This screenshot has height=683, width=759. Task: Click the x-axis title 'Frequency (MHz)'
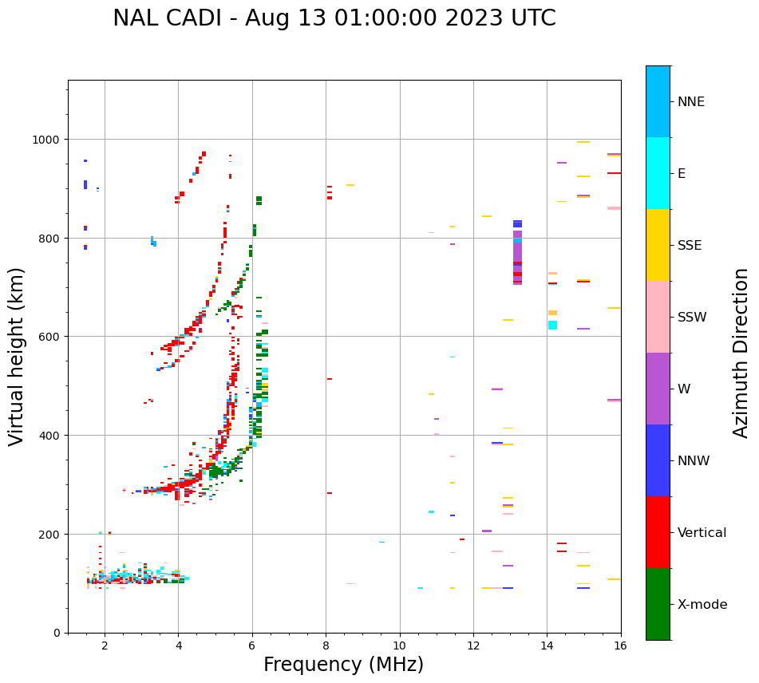(x=343, y=665)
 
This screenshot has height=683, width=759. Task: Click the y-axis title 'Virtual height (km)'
(x=17, y=356)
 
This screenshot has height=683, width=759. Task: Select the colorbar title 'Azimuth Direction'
(x=741, y=353)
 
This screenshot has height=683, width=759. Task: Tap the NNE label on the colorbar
(x=691, y=101)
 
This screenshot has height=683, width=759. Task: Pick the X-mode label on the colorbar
(x=702, y=604)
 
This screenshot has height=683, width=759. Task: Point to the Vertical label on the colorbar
(x=702, y=532)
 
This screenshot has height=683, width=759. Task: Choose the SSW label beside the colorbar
(x=692, y=317)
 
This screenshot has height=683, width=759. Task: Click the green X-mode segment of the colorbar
(x=658, y=604)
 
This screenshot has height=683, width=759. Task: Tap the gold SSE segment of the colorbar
(x=658, y=245)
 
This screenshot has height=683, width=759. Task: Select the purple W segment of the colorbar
(x=658, y=389)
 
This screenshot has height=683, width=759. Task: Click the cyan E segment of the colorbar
(x=658, y=173)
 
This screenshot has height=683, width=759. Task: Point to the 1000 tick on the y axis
(x=47, y=140)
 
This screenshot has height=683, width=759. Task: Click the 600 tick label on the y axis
(x=50, y=337)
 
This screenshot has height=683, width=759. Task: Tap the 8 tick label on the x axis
(x=326, y=645)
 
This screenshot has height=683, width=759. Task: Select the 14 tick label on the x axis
(x=547, y=645)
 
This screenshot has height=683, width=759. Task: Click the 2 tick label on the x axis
(x=105, y=645)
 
